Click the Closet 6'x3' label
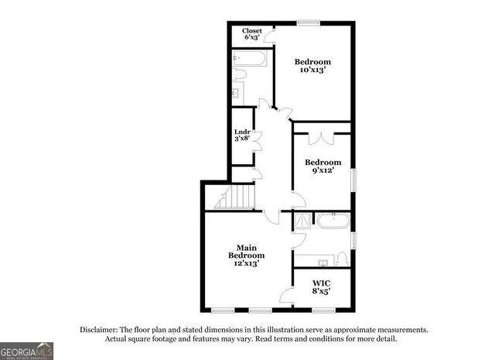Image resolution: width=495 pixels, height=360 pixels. pyautogui.click(x=253, y=34)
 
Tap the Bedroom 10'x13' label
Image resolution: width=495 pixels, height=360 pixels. pyautogui.click(x=312, y=66)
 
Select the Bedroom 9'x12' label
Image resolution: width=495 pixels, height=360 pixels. pyautogui.click(x=322, y=166)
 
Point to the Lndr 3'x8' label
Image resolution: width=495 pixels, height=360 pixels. pyautogui.click(x=243, y=135)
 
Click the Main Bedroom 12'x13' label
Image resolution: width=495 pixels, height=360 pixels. pyautogui.click(x=247, y=255)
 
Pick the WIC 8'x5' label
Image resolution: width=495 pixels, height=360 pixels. pyautogui.click(x=322, y=287)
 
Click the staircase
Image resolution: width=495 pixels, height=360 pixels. pyautogui.click(x=235, y=197)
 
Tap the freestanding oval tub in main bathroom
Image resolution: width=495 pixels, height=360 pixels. pyautogui.click(x=333, y=221)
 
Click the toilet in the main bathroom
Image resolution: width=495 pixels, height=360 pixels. pyautogui.click(x=342, y=257)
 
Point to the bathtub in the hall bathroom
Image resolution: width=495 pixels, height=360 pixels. pyautogui.click(x=250, y=59)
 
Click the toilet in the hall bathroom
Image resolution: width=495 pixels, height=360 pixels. pyautogui.click(x=239, y=75)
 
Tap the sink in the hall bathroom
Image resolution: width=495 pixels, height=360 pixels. pyautogui.click(x=237, y=93)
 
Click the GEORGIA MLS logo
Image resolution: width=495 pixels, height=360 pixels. pyautogui.click(x=27, y=350)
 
